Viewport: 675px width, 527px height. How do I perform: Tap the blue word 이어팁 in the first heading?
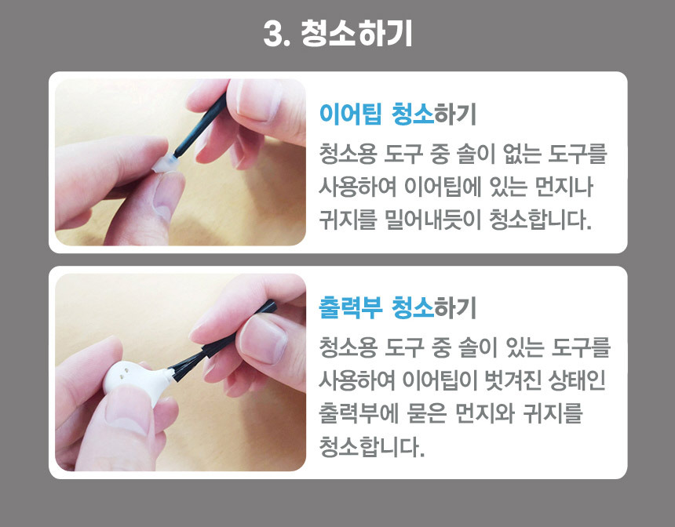pyautogui.click(x=350, y=114)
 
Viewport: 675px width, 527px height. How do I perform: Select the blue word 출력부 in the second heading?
pyautogui.click(x=350, y=307)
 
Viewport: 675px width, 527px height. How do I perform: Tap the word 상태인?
pyautogui.click(x=577, y=380)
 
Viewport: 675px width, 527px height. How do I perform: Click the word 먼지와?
pyautogui.click(x=485, y=413)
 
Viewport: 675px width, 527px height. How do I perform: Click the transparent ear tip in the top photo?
pyautogui.click(x=165, y=164)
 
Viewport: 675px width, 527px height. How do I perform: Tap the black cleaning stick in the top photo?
pyautogui.click(x=199, y=127)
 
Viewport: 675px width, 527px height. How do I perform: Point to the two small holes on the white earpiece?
pyautogui.click(x=122, y=373)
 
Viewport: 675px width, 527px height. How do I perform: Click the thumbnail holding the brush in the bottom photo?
pyautogui.click(x=263, y=340)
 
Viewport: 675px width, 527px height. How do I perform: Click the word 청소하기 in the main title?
pyautogui.click(x=356, y=34)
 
